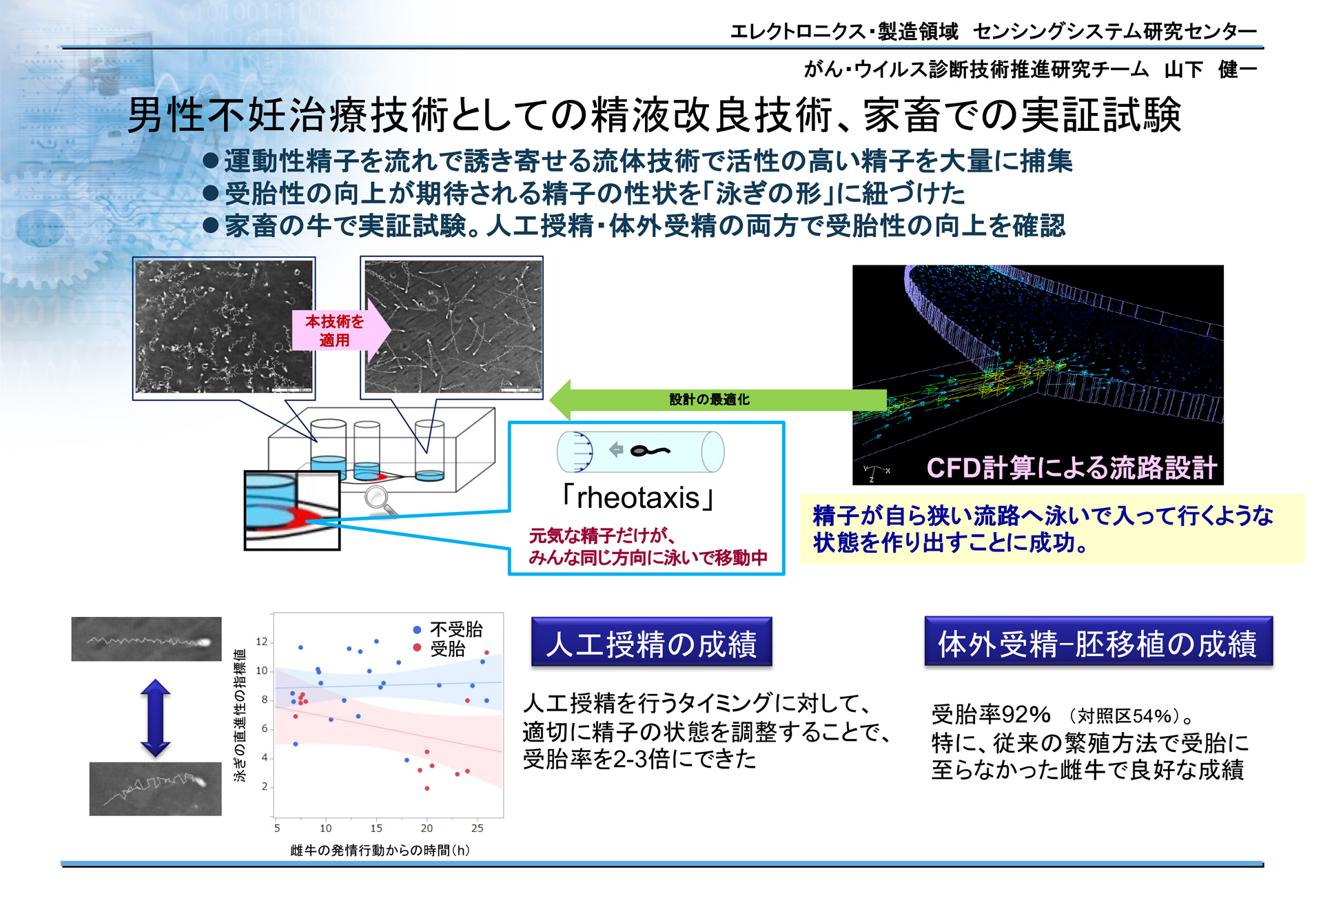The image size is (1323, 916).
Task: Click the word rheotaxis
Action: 638,498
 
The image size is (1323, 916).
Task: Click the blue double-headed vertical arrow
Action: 155,718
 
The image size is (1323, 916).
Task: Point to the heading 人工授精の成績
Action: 652,642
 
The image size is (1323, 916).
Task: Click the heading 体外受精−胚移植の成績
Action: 1098,642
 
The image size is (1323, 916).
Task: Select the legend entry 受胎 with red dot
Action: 439,649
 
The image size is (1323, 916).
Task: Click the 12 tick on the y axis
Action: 262,642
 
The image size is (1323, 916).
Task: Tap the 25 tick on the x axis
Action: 477,828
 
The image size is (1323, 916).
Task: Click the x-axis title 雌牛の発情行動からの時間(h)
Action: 380,851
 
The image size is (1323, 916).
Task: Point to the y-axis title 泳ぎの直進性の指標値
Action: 240,715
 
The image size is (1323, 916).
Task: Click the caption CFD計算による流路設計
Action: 1071,468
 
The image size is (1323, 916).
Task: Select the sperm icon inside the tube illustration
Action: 650,451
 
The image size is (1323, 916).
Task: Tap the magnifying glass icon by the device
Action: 380,500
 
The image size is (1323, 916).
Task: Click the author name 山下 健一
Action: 1210,69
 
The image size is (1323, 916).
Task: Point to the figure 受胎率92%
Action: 991,714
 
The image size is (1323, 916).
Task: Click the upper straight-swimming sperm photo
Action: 146,639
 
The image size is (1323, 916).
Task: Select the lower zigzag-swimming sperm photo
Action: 156,788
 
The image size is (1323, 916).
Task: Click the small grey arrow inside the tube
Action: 616,450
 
